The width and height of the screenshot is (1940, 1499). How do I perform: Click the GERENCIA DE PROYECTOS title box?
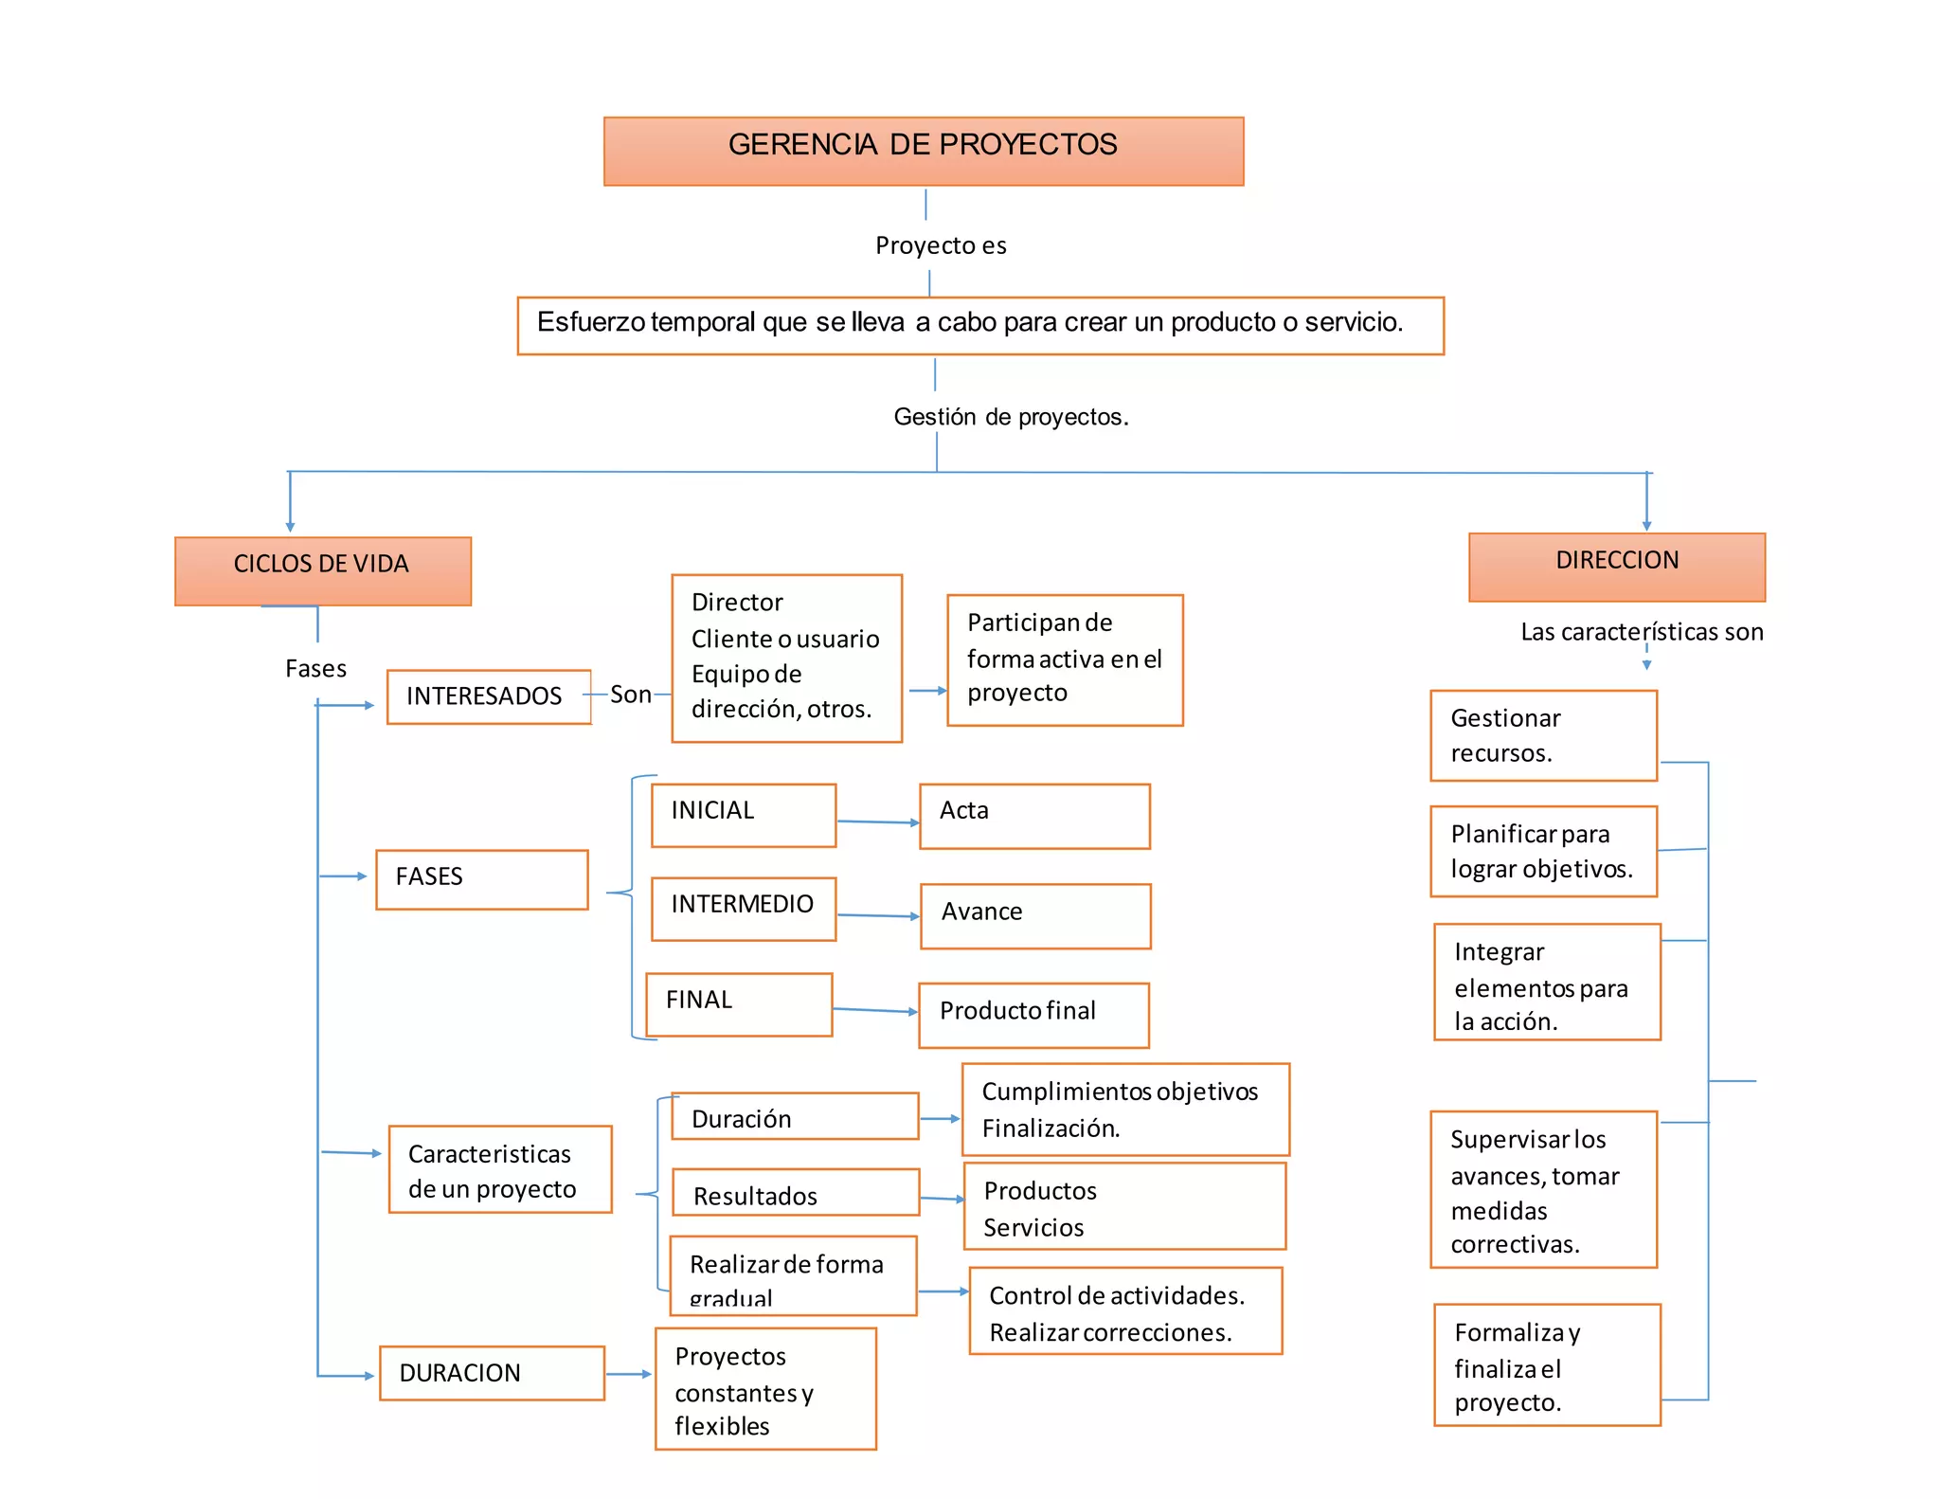(924, 151)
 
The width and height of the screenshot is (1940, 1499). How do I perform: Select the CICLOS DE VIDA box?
(322, 570)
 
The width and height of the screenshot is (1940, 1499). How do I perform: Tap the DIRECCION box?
(1616, 567)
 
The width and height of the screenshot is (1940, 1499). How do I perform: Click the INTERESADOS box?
(488, 696)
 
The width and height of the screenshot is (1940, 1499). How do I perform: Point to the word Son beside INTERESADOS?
(630, 695)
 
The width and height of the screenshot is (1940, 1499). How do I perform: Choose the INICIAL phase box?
(743, 815)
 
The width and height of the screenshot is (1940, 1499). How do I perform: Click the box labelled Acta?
(1033, 816)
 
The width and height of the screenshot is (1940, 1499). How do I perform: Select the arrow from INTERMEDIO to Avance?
(878, 915)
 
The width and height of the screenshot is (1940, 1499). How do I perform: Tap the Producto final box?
(1033, 1015)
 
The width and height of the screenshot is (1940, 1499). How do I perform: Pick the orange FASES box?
(481, 879)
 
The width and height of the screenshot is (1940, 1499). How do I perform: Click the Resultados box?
(795, 1193)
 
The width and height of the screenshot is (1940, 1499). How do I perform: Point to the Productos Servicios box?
(1123, 1206)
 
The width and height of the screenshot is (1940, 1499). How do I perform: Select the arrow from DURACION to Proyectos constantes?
(628, 1374)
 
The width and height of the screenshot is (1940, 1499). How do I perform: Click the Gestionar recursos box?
(1542, 735)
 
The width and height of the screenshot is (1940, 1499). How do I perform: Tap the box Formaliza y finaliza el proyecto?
(1546, 1364)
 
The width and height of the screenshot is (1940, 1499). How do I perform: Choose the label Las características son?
(1641, 632)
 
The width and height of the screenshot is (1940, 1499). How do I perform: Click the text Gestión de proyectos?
(1010, 417)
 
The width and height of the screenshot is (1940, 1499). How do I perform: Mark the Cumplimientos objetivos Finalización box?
(1124, 1109)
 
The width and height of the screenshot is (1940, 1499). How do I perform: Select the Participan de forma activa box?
(1064, 659)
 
